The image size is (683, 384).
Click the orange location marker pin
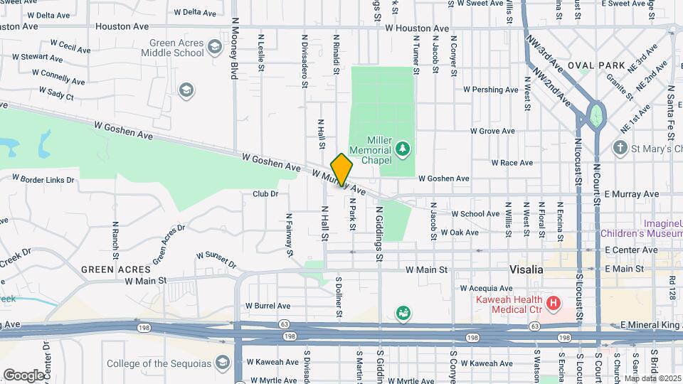(x=341, y=169)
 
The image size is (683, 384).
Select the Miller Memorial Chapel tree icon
(x=403, y=148)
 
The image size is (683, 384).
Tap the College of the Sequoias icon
(x=222, y=363)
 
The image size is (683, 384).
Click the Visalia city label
(x=526, y=270)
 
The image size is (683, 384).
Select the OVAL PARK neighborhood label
(x=602, y=65)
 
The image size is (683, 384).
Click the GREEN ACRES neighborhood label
(x=115, y=270)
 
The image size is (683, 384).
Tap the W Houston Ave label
(x=417, y=28)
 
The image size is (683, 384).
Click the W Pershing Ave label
(x=489, y=90)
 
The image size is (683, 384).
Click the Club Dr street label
(x=265, y=193)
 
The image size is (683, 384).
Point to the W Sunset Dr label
(x=216, y=259)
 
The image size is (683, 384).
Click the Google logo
(x=23, y=375)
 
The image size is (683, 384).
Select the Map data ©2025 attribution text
(x=652, y=378)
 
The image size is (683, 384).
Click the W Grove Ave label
(x=492, y=132)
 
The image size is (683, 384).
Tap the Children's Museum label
(x=641, y=233)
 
